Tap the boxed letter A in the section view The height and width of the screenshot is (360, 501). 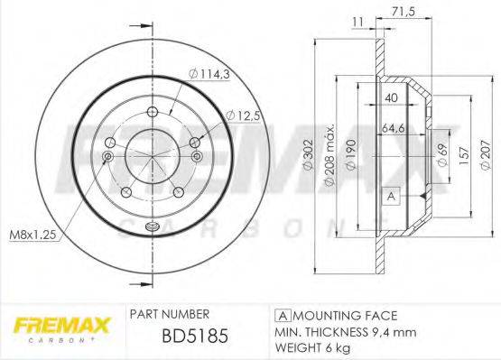click(390, 196)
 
